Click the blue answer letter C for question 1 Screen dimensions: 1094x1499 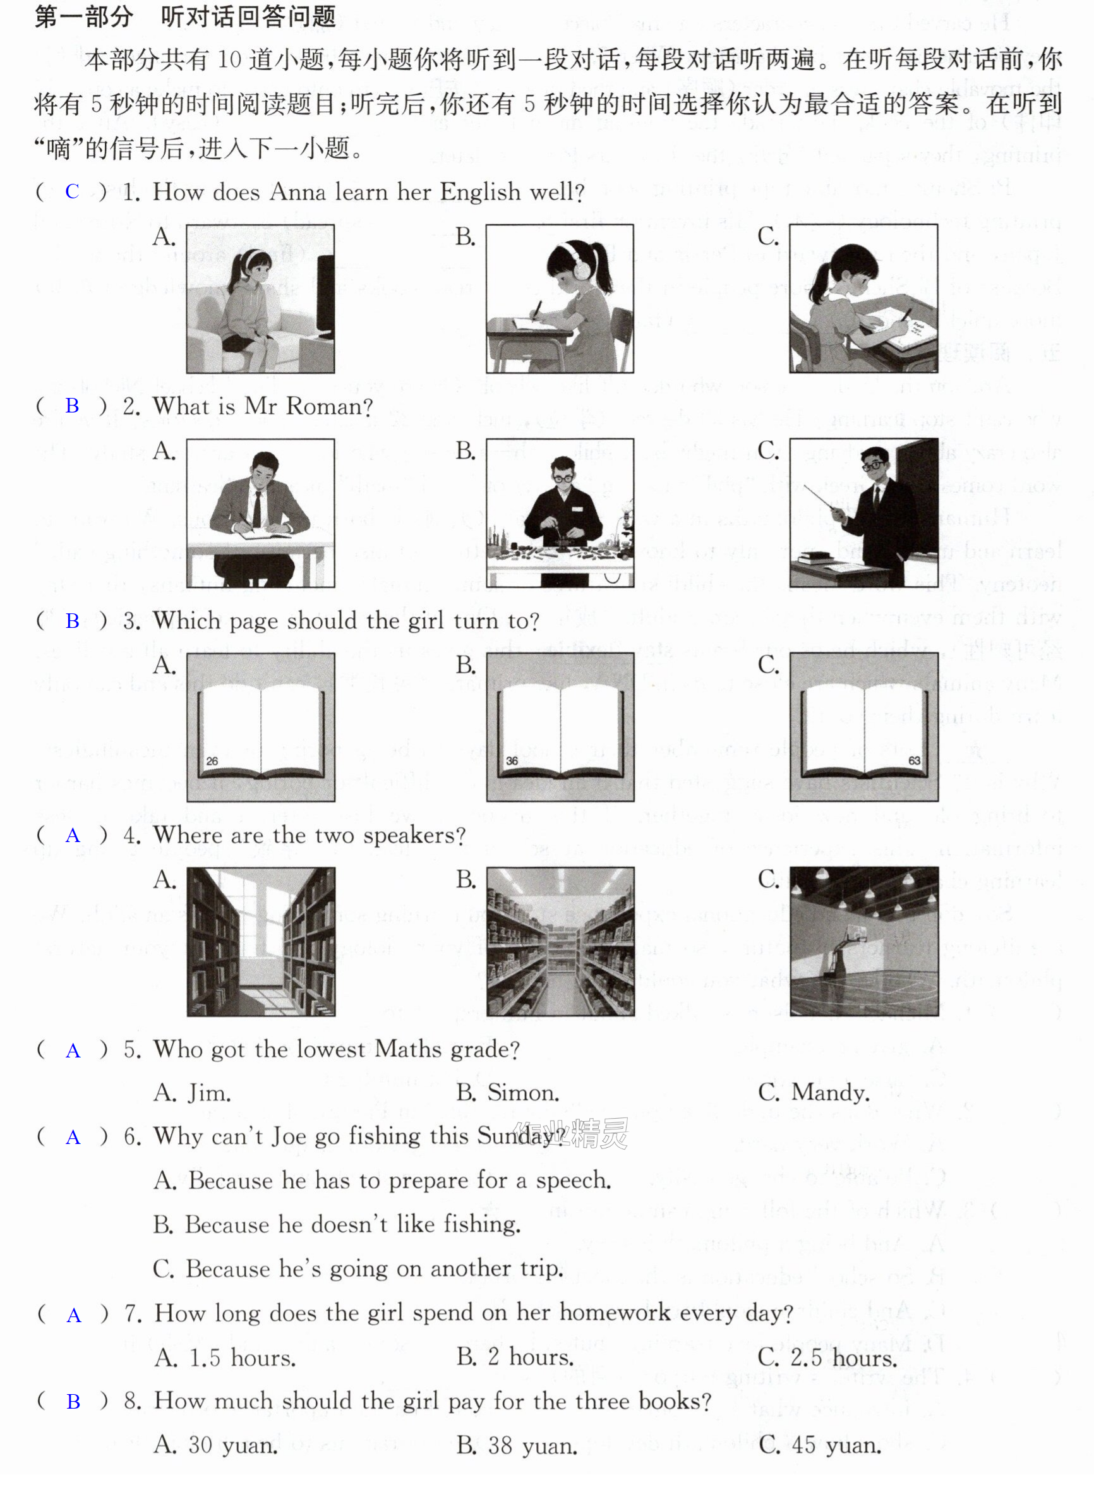tap(72, 191)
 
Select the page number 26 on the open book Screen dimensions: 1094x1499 tap(212, 761)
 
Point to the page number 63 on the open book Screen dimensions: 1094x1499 tap(915, 761)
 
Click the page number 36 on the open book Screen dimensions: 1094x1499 tap(512, 761)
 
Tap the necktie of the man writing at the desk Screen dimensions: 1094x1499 tap(256, 509)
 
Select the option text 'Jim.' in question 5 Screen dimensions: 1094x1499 tap(209, 1092)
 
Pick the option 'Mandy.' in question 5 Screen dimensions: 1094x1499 tap(831, 1092)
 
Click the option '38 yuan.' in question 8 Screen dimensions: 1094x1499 tap(532, 1445)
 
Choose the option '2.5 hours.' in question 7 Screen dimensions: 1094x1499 tap(845, 1358)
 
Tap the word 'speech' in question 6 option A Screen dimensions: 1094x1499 tap(574, 1181)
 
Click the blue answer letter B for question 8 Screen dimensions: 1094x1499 tap(73, 1402)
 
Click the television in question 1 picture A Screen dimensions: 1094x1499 tap(325, 295)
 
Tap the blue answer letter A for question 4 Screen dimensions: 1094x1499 tap(73, 836)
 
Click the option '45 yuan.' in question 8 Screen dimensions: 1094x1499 tap(836, 1445)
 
